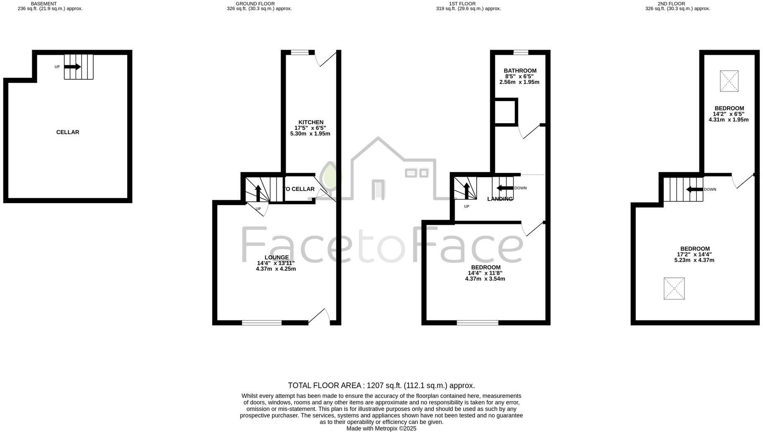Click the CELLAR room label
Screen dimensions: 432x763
tap(68, 132)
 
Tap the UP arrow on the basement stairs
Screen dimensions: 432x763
tap(72, 67)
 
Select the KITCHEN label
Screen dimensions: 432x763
tap(311, 122)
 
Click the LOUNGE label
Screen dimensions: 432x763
tap(277, 257)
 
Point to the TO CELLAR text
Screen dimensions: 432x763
tap(299, 189)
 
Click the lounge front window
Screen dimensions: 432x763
tap(262, 323)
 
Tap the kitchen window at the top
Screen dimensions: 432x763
tap(300, 53)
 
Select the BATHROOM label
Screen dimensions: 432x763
tap(520, 71)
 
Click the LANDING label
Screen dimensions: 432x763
tap(500, 199)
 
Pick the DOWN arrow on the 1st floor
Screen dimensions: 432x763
tap(505, 188)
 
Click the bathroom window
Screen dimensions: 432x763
tap(521, 53)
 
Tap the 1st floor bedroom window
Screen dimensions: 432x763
tap(477, 323)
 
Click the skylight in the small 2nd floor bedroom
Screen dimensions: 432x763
tap(729, 81)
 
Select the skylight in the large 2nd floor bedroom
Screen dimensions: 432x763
tap(674, 288)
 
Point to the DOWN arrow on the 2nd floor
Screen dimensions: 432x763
tap(695, 189)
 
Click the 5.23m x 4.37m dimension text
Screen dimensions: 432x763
tap(694, 260)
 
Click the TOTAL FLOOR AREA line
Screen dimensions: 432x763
tap(381, 386)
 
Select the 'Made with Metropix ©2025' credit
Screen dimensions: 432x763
tap(381, 428)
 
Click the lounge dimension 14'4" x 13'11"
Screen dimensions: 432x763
tap(276, 263)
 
